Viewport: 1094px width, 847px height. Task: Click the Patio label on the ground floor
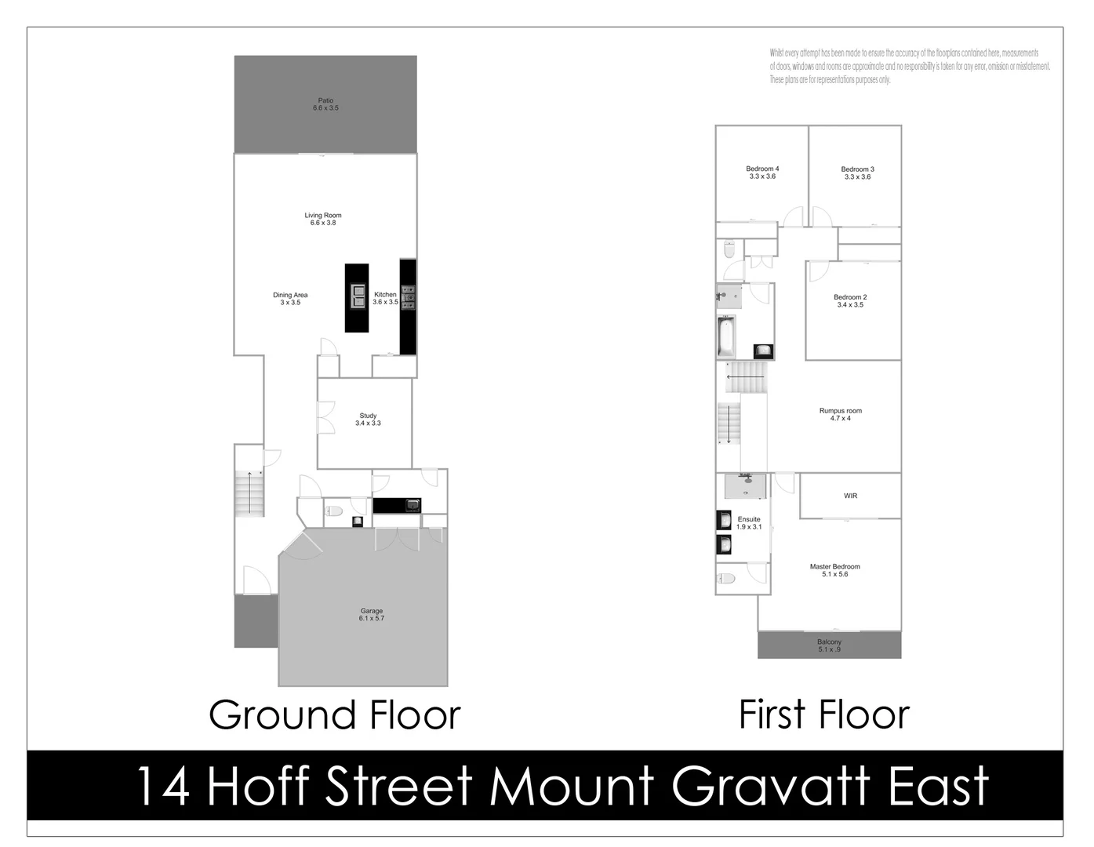(325, 104)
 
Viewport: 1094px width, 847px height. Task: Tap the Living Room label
(323, 219)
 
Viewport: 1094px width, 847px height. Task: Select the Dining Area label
(290, 299)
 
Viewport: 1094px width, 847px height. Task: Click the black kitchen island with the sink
(357, 297)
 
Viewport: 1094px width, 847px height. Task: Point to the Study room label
(368, 420)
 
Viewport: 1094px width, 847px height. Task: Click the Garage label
(372, 615)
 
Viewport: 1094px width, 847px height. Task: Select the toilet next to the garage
(334, 512)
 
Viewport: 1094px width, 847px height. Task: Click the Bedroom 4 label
(762, 173)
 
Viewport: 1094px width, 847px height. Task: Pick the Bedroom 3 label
(857, 173)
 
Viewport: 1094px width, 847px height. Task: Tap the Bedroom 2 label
(850, 301)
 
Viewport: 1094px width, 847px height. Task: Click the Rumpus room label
(840, 414)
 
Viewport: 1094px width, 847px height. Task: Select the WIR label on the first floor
(850, 496)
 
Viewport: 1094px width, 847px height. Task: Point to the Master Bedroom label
(834, 570)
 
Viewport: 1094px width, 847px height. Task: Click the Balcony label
(829, 645)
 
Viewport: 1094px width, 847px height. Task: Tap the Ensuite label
(749, 523)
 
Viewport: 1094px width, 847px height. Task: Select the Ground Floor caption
(334, 715)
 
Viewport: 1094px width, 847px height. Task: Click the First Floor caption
(823, 714)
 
